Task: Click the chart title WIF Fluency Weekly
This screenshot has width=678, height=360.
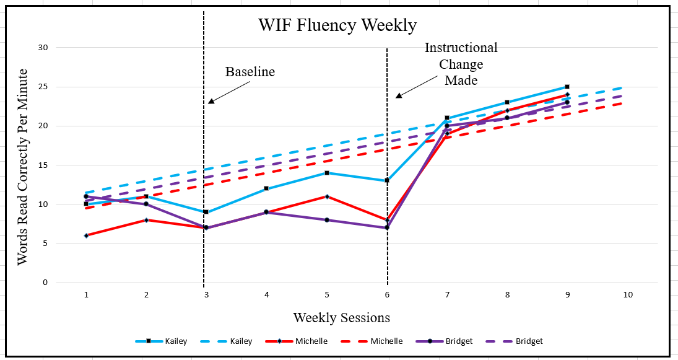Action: [337, 25]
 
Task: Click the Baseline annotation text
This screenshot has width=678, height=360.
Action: [250, 72]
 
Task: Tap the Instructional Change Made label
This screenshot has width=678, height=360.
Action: [461, 64]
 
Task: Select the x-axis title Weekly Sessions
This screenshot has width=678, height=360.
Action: [342, 318]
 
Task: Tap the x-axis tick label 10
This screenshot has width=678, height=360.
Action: [627, 296]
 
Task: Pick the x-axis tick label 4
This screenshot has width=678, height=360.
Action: [267, 296]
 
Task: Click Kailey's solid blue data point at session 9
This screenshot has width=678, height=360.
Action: [567, 87]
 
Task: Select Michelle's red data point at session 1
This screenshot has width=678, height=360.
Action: [86, 235]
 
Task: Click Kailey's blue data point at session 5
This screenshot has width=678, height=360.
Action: [327, 173]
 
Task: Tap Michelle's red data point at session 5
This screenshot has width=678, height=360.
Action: [327, 196]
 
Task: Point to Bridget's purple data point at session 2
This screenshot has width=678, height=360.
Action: [146, 204]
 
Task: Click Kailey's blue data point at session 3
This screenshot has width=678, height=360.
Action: [206, 212]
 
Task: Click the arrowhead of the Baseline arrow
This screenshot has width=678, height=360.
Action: [211, 101]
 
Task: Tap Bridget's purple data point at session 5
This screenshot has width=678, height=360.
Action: [327, 220]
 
